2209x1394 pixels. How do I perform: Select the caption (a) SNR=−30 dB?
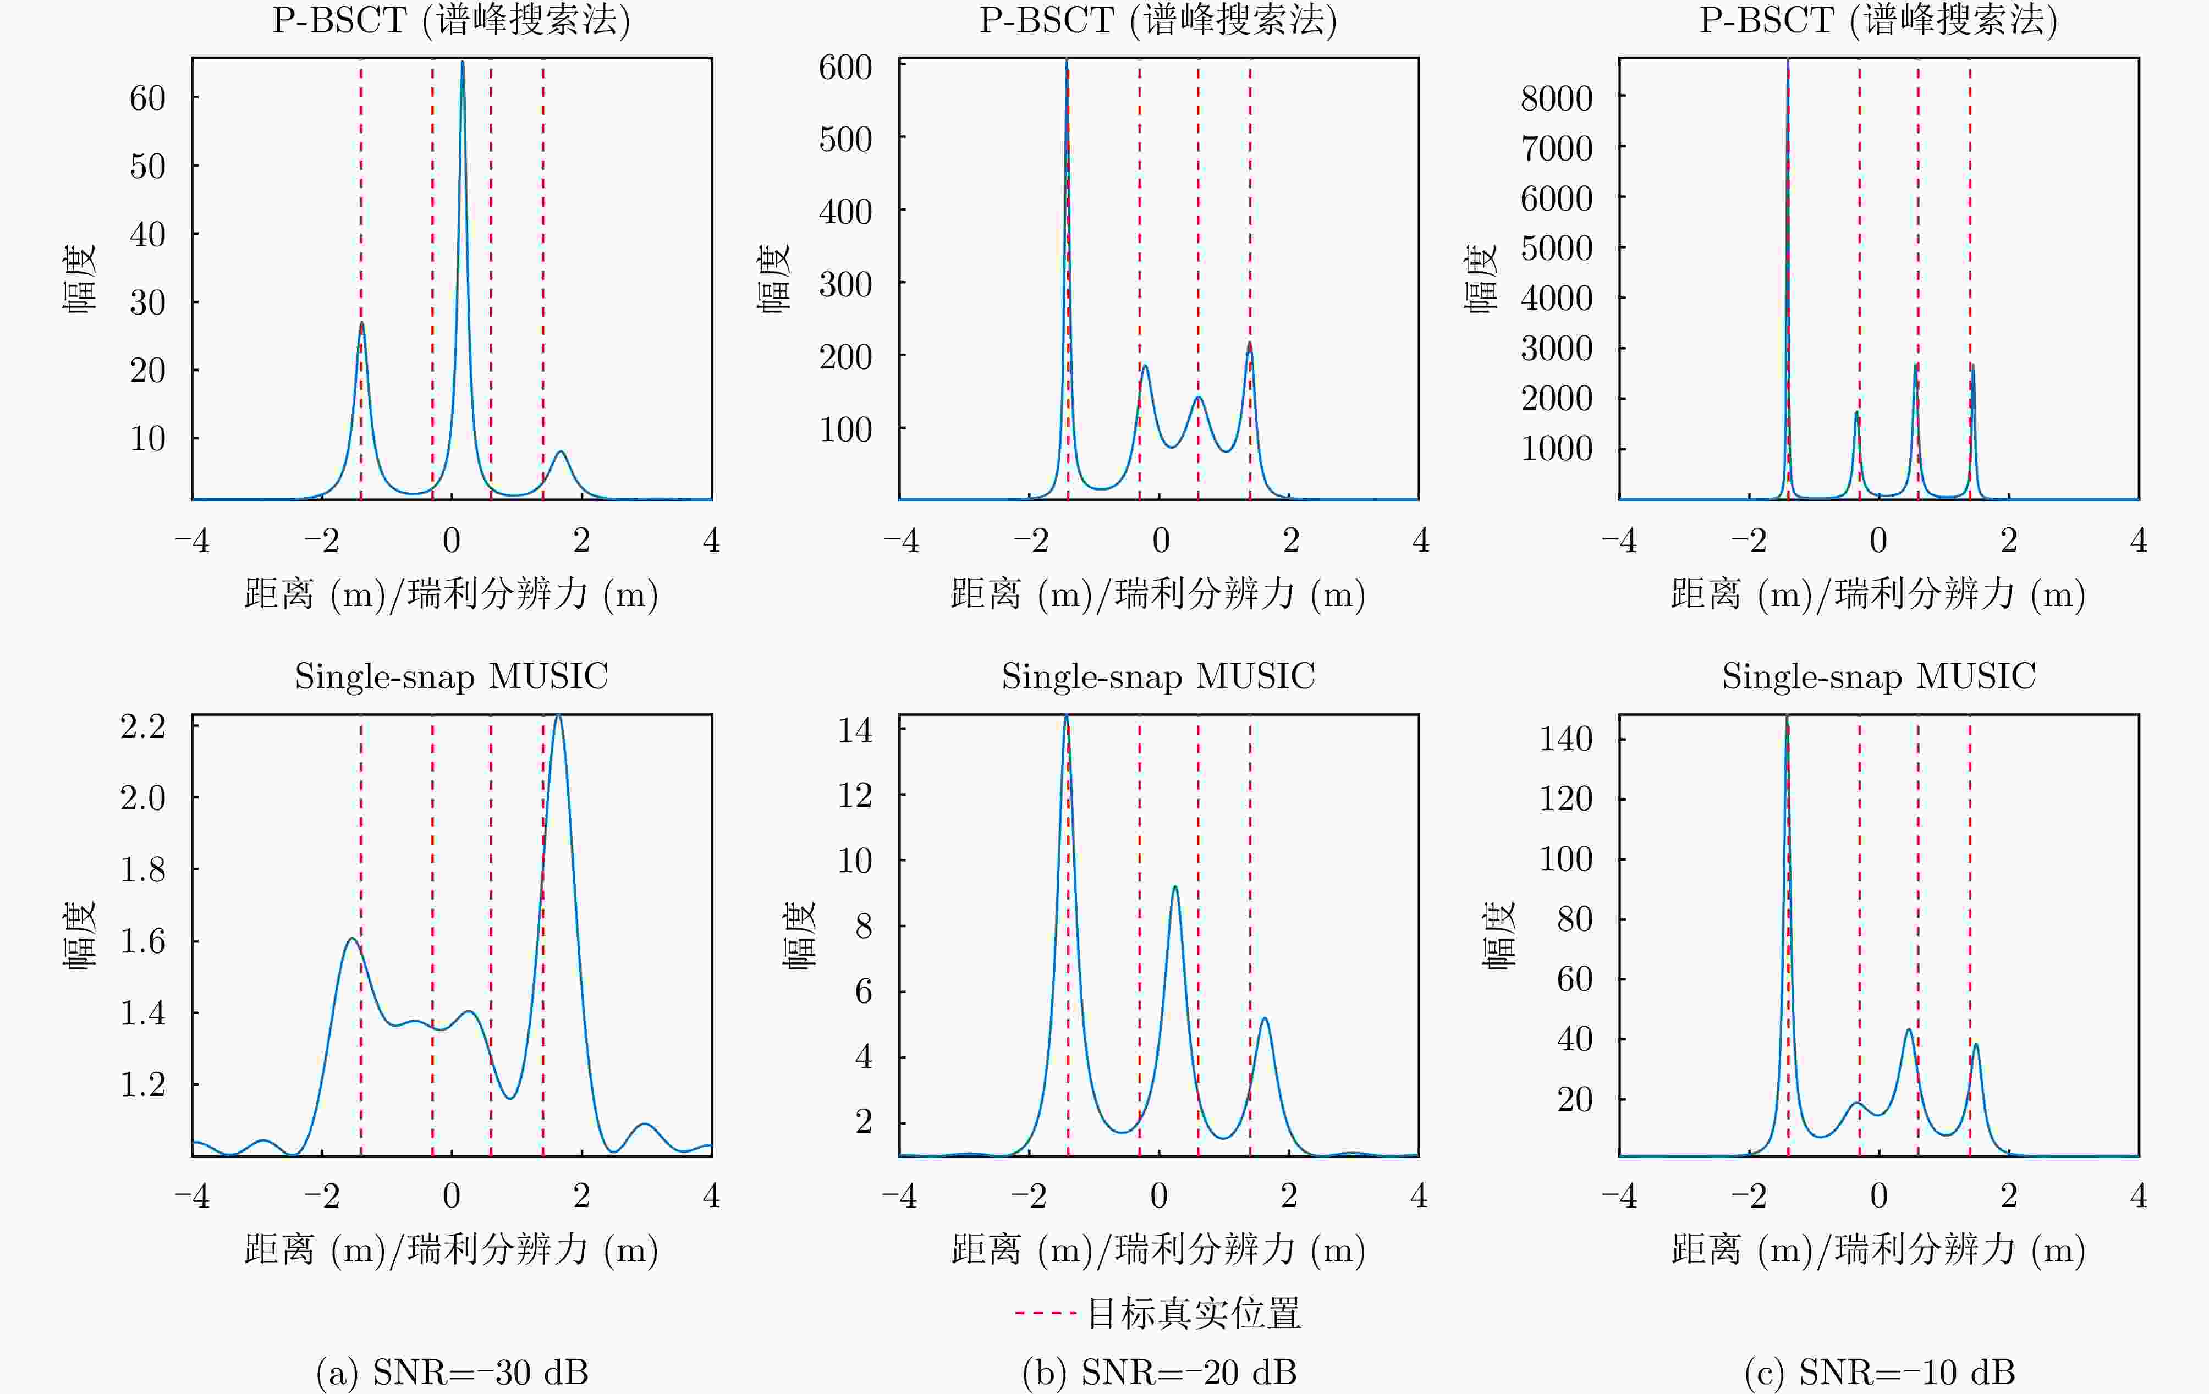452,1372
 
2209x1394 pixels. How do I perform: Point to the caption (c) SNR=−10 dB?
1879,1372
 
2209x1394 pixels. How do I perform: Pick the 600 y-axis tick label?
845,67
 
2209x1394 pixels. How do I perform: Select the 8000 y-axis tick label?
1556,97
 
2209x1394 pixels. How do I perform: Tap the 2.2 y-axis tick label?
143,726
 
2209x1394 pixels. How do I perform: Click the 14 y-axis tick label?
855,730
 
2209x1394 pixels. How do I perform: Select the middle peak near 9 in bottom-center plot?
1174,887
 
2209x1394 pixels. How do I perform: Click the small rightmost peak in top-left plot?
561,451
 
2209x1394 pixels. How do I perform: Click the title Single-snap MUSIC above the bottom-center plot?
1158,676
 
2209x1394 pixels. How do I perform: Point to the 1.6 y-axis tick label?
143,941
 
